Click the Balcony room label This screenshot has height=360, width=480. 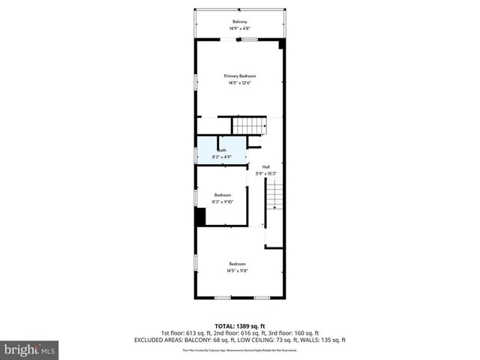click(x=240, y=22)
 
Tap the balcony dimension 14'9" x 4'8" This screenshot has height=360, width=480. click(x=240, y=28)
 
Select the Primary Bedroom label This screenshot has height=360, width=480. click(x=240, y=76)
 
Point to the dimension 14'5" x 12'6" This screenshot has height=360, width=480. click(x=240, y=82)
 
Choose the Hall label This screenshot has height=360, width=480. click(x=266, y=166)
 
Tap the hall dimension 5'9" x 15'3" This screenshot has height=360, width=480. click(x=266, y=173)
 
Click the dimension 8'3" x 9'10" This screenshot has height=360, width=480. click(x=223, y=202)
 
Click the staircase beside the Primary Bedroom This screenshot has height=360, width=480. click(x=249, y=126)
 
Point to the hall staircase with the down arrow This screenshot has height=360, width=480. click(x=274, y=196)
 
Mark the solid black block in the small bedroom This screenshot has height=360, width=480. click(x=200, y=216)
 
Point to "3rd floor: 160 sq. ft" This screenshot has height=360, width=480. click(x=298, y=333)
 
